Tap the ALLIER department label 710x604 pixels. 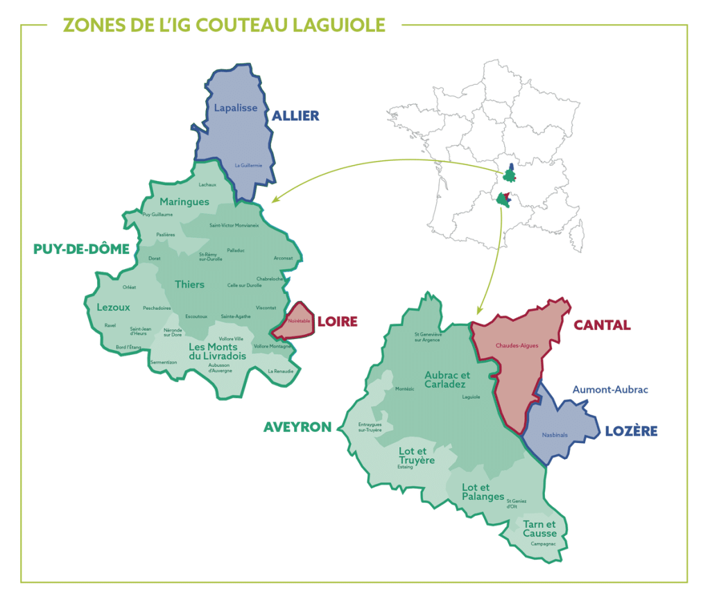pos(295,116)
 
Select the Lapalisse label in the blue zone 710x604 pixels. pos(236,108)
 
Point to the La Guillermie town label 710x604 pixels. pos(248,165)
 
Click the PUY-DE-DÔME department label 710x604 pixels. pos(82,249)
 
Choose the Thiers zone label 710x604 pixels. pos(189,284)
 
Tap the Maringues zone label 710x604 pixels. pos(184,202)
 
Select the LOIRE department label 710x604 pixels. pos(337,322)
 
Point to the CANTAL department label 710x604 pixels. pos(601,325)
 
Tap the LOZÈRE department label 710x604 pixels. pos(631,431)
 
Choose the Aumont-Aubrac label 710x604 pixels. pos(610,390)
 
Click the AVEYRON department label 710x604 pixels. pos(297,427)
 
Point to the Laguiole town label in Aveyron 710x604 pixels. pos(471,397)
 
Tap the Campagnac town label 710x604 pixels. pos(544,544)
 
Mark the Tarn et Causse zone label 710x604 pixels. pos(539,528)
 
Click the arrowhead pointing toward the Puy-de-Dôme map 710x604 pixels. pos(275,200)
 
